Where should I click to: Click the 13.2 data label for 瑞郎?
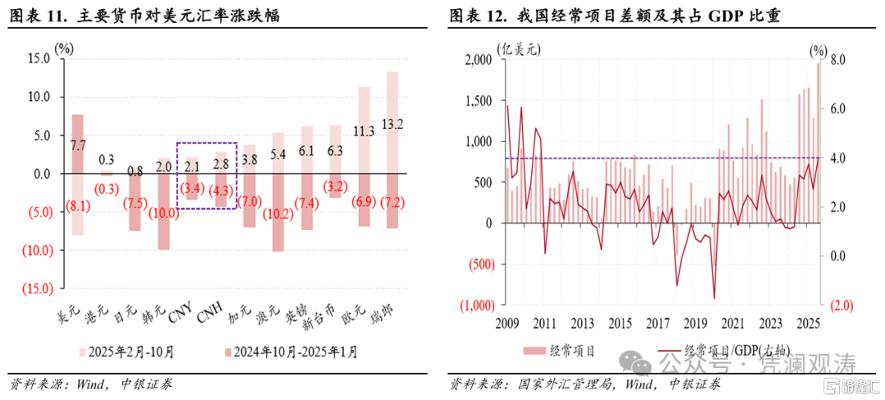coord(393,125)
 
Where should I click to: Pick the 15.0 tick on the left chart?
coord(38,59)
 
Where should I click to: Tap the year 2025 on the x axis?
coord(807,322)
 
